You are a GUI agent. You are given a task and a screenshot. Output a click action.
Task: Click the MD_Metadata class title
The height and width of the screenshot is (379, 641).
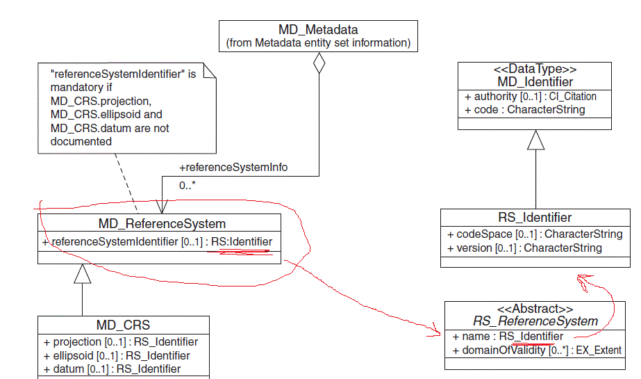coord(318,30)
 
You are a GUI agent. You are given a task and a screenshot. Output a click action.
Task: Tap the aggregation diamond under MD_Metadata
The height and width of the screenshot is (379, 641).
coord(319,63)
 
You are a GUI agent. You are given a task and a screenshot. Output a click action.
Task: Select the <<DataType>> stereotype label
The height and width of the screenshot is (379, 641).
coord(534,70)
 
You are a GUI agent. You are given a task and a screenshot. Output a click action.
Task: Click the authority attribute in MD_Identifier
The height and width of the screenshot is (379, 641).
coord(531,96)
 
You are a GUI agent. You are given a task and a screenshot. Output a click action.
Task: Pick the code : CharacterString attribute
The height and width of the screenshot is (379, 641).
coord(525,109)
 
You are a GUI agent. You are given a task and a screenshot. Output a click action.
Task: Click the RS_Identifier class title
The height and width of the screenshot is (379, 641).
coord(535,218)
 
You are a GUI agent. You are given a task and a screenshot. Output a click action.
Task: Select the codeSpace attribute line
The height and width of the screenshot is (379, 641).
coord(534,234)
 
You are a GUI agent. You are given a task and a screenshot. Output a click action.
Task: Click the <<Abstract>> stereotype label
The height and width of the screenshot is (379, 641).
coord(535,309)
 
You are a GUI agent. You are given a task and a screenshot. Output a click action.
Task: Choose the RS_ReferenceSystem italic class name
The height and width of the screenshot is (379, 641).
coord(535,321)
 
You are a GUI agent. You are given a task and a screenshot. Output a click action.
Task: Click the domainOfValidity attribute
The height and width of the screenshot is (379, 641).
coord(536,350)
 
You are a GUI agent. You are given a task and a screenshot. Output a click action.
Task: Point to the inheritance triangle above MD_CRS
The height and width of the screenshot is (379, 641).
coord(83,275)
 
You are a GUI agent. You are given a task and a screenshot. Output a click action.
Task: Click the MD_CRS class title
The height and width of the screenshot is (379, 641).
coord(123,325)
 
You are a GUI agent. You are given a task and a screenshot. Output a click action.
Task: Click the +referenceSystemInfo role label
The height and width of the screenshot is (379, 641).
coord(233,168)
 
